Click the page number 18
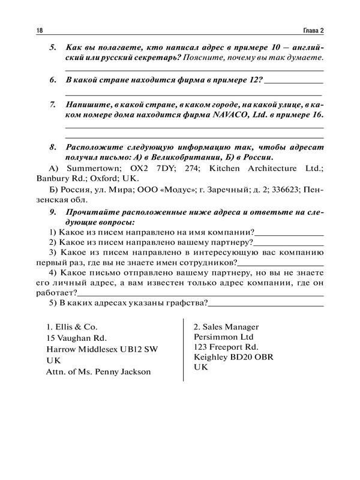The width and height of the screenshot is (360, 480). coord(40,31)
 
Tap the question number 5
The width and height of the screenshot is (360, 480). coord(52,47)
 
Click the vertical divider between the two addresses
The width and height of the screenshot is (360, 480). coord(182,348)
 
